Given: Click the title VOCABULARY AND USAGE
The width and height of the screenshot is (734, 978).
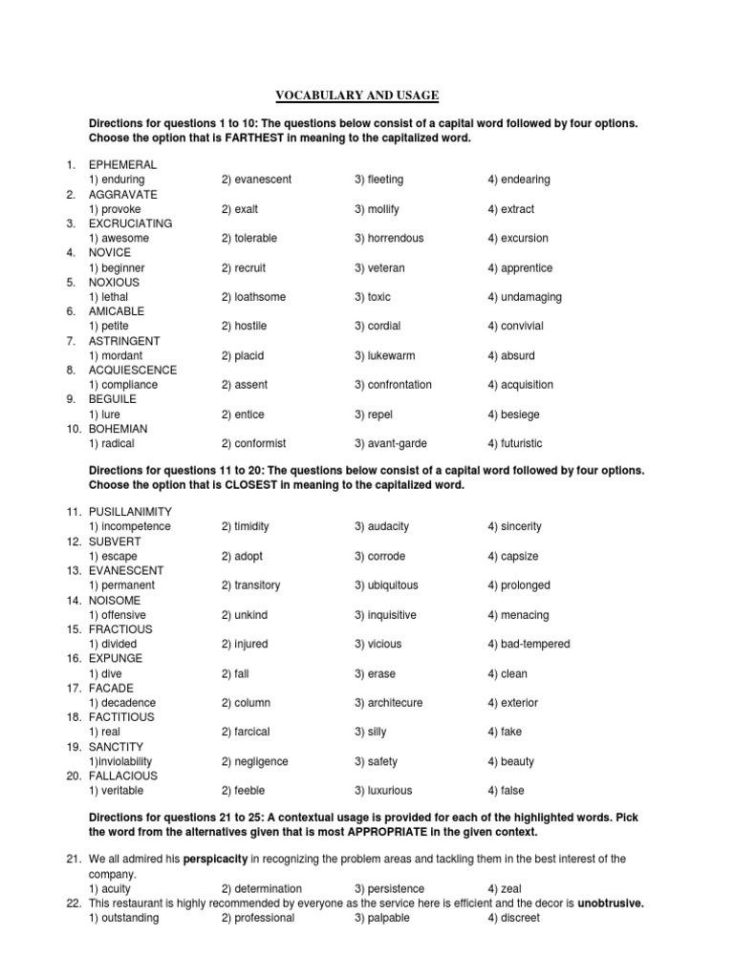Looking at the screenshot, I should click(357, 95).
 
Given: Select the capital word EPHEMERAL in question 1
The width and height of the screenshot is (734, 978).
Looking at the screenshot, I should click(122, 165).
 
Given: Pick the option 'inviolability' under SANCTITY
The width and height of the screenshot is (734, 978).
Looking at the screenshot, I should click(129, 762).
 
